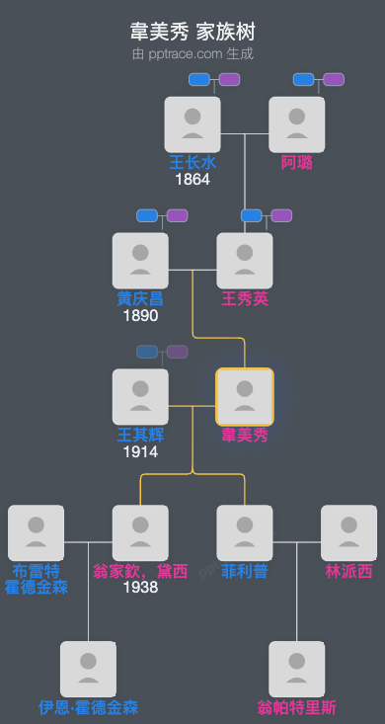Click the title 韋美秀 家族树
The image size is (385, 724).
click(x=192, y=33)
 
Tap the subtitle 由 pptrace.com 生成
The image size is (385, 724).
click(x=192, y=53)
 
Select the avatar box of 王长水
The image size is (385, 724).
click(x=192, y=124)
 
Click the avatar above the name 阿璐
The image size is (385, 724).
click(x=297, y=124)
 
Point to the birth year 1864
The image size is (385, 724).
click(x=192, y=180)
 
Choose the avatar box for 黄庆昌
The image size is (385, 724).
click(x=140, y=261)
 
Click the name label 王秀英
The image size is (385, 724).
click(x=245, y=298)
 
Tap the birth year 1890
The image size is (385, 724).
click(x=140, y=316)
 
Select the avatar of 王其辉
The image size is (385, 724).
click(x=140, y=397)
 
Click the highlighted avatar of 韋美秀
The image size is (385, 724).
click(x=245, y=397)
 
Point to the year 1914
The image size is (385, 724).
click(x=140, y=451)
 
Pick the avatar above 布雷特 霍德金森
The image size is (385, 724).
click(x=36, y=533)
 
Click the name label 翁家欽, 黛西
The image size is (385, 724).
click(x=140, y=571)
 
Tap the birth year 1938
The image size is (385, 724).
click(x=140, y=588)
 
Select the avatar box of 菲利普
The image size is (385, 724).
click(x=245, y=533)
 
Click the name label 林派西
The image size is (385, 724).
click(x=349, y=571)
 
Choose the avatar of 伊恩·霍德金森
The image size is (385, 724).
click(x=88, y=670)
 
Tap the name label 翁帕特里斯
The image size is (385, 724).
click(x=297, y=707)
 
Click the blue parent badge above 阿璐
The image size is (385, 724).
click(x=304, y=79)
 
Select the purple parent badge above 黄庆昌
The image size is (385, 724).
click(x=177, y=215)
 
